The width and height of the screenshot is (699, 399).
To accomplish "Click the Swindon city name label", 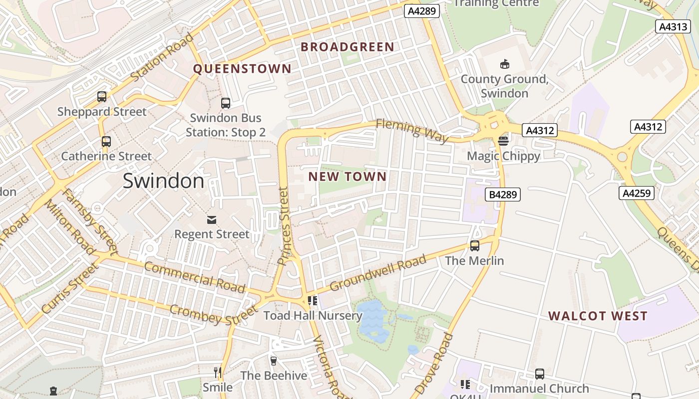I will point(163,181).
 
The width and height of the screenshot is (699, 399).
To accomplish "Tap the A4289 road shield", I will point(421,11).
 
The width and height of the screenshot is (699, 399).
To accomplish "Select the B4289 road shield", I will point(503,194).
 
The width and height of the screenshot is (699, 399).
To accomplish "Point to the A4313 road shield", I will point(673,26).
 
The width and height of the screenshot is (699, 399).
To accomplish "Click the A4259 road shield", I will point(637,193).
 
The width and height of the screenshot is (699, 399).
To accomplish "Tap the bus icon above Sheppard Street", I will point(102,97).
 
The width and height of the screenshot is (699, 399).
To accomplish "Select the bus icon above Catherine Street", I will point(106,141).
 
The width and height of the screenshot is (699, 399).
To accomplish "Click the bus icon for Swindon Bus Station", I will point(226,103).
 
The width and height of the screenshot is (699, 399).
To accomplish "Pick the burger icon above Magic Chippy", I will point(503,141).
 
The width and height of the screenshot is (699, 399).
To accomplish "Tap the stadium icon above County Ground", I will point(504,64).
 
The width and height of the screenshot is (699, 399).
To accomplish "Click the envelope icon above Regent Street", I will point(212,219).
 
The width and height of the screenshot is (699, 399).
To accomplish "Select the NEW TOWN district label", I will point(347,177).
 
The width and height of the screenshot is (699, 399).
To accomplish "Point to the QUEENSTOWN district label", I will point(242,69).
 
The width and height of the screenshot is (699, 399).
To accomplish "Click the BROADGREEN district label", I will point(348,47).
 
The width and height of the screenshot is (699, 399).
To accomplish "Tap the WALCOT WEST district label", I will point(598,316).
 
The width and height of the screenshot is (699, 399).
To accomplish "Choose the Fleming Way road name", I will point(412,130).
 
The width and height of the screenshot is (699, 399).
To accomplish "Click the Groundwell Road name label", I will point(378,273).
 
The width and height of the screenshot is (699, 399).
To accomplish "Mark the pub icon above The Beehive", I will point(273,361).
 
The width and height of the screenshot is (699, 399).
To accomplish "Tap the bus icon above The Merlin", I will point(474,246).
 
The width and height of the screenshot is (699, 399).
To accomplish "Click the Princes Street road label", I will point(284,225).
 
